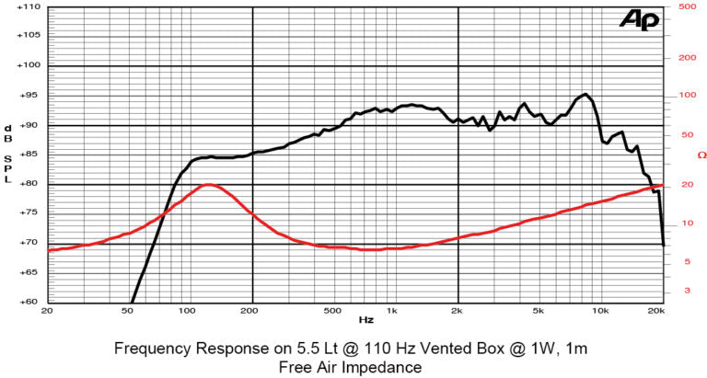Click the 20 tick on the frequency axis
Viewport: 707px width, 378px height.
click(47, 311)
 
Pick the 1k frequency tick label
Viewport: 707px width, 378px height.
click(393, 311)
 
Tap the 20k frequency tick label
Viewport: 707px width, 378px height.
click(656, 311)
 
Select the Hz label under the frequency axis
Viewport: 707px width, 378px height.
click(365, 321)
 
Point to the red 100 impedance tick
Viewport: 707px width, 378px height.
click(685, 95)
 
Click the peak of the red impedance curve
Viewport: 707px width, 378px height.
click(208, 184)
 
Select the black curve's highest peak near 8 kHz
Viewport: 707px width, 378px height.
click(585, 94)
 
